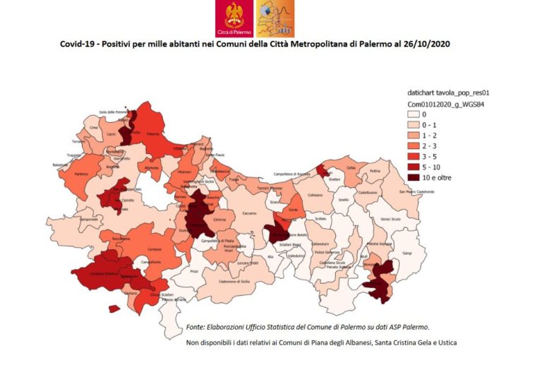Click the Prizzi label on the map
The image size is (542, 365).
coord(194,270)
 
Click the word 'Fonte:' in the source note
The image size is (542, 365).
coord(198,327)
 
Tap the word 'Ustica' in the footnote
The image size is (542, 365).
coord(446,343)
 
